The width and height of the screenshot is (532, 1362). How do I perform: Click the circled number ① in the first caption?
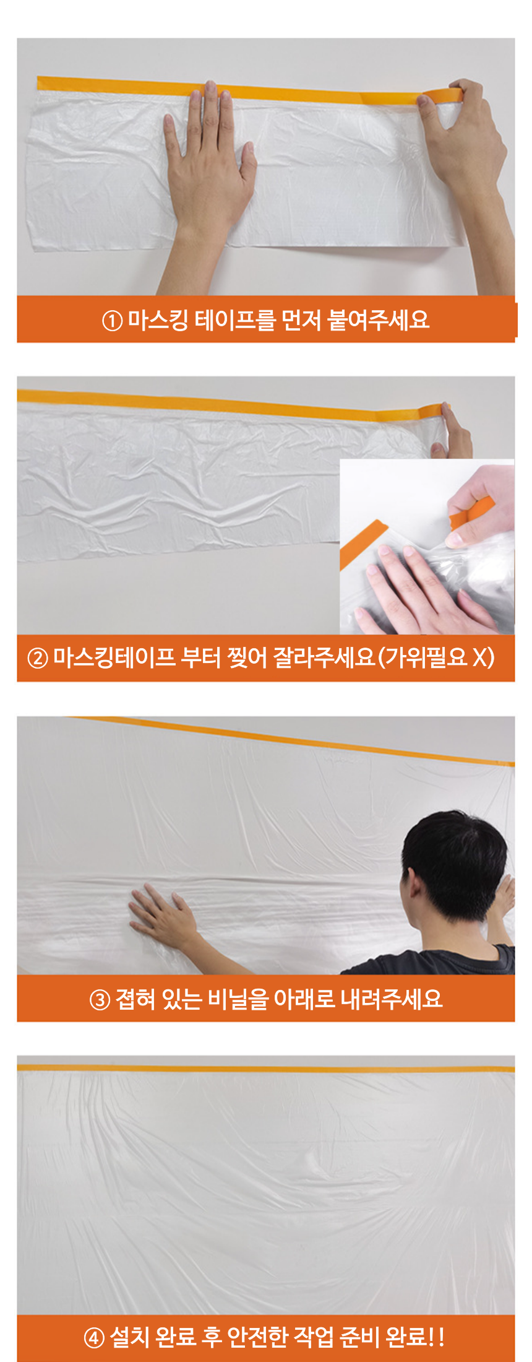[112, 321]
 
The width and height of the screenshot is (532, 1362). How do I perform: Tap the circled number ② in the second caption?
[38, 658]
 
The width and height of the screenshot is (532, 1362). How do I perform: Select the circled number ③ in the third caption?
[100, 999]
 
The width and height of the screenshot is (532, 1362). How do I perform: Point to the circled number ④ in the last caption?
[94, 1338]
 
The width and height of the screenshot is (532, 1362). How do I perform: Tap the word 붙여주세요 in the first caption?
[379, 319]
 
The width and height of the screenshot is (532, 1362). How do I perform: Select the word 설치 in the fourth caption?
[129, 1337]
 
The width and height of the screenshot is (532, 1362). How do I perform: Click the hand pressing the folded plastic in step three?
[162, 916]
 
